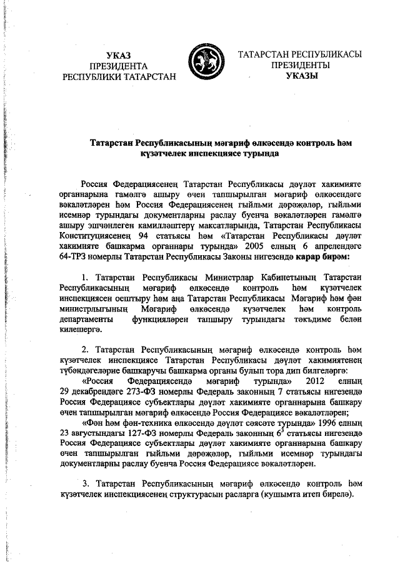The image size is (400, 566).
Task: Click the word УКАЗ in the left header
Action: pos(118,55)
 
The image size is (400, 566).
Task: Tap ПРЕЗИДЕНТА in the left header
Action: pos(118,66)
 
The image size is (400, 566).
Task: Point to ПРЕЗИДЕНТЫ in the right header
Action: pos(301,65)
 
